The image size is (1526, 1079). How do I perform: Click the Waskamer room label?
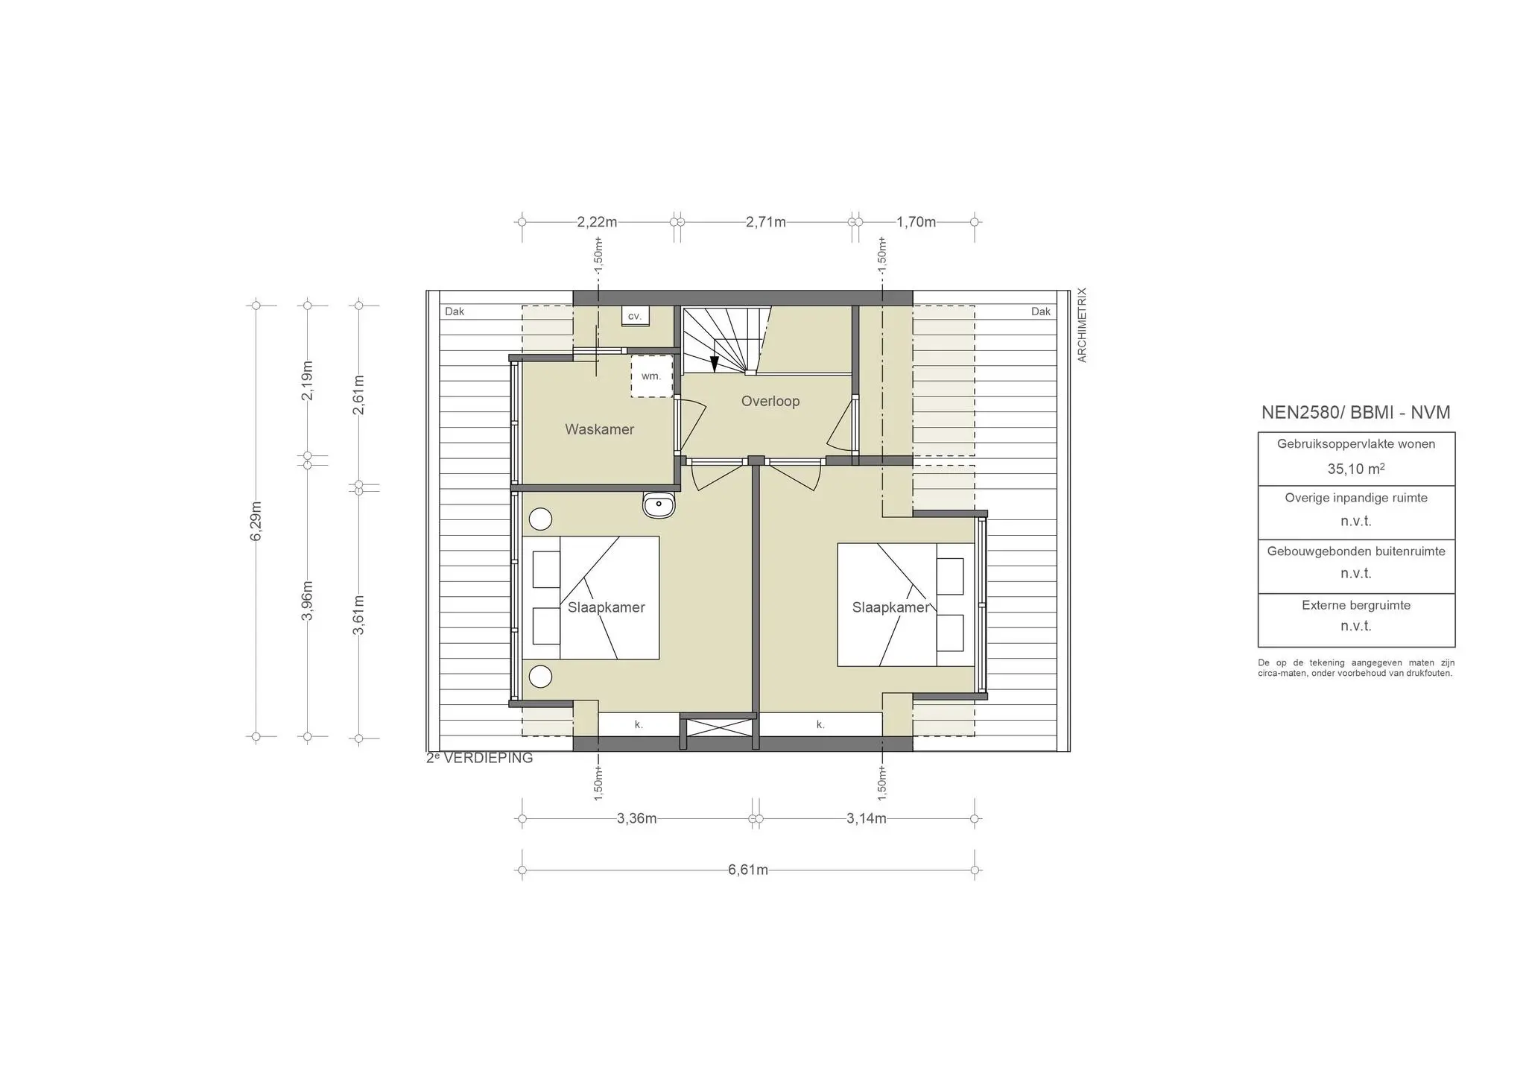pos(599,429)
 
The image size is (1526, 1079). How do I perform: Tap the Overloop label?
pos(770,401)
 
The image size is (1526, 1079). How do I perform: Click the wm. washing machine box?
pos(651,376)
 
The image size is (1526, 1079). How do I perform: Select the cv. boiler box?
pos(635,316)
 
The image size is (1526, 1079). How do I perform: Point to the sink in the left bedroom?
pos(659,505)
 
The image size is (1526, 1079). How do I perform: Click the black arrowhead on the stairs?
pos(714,364)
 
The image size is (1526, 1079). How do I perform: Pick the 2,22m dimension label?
pos(597,222)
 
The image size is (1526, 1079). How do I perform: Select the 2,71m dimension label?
pos(765,222)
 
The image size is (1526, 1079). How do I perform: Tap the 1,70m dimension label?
pos(916,222)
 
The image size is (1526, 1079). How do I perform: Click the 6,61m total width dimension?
pos(747,870)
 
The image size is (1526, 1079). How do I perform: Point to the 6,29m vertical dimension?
pos(256,522)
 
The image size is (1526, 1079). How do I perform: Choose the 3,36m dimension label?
pos(636,819)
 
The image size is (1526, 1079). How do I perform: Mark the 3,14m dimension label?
pos(866,819)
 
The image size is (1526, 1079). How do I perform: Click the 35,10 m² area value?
pos(1355,469)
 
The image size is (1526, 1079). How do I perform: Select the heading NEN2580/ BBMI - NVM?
pos(1355,413)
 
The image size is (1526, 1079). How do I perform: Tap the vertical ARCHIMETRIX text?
pos(1082,325)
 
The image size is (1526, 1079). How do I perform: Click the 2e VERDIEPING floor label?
pos(479,758)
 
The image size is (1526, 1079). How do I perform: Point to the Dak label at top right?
pos(1040,311)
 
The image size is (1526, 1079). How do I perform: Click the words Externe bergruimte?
pos(1355,605)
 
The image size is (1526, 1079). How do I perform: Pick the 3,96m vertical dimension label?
pos(307,600)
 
